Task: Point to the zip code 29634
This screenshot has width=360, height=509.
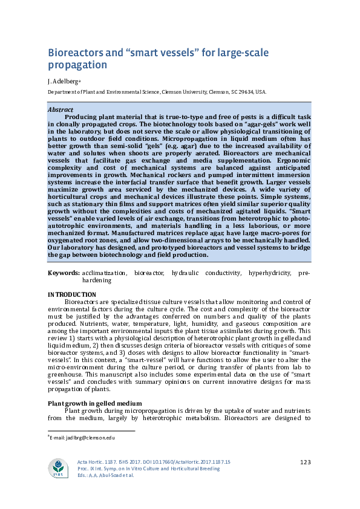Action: [x=245, y=92]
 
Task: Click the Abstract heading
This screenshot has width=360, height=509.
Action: [x=61, y=109]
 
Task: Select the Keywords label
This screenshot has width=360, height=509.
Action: [x=64, y=273]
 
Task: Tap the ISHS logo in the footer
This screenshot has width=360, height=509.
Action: [x=58, y=467]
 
